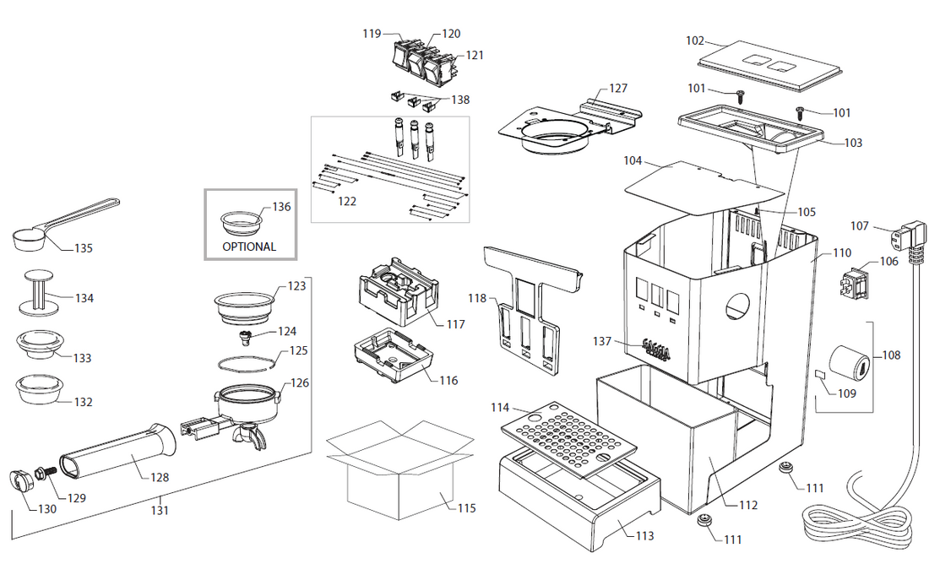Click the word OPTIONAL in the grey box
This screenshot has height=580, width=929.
tap(248, 247)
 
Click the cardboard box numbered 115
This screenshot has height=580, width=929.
tap(397, 473)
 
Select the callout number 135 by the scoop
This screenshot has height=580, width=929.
tap(84, 248)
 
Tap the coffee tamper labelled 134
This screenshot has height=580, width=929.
tap(37, 291)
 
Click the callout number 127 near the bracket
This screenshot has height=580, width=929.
tap(618, 89)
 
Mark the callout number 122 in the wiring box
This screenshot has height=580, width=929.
tap(345, 202)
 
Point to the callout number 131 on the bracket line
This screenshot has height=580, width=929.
tap(160, 510)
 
